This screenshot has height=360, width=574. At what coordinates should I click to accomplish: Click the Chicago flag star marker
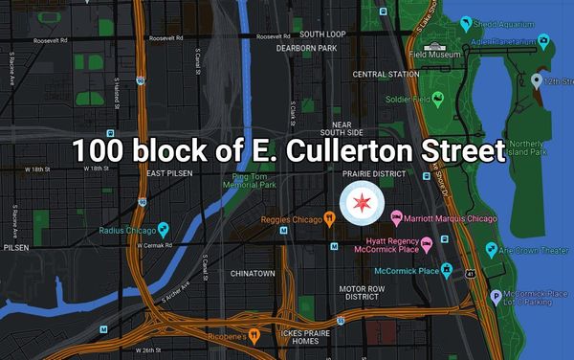pos(363,203)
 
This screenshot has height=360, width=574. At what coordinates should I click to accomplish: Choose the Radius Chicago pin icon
pos(163,230)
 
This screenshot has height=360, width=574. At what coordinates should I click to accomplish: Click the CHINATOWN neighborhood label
pos(253,273)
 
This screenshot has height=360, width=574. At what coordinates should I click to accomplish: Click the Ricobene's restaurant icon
pos(254,335)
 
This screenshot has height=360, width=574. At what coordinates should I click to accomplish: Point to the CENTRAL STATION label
pos(380,74)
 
